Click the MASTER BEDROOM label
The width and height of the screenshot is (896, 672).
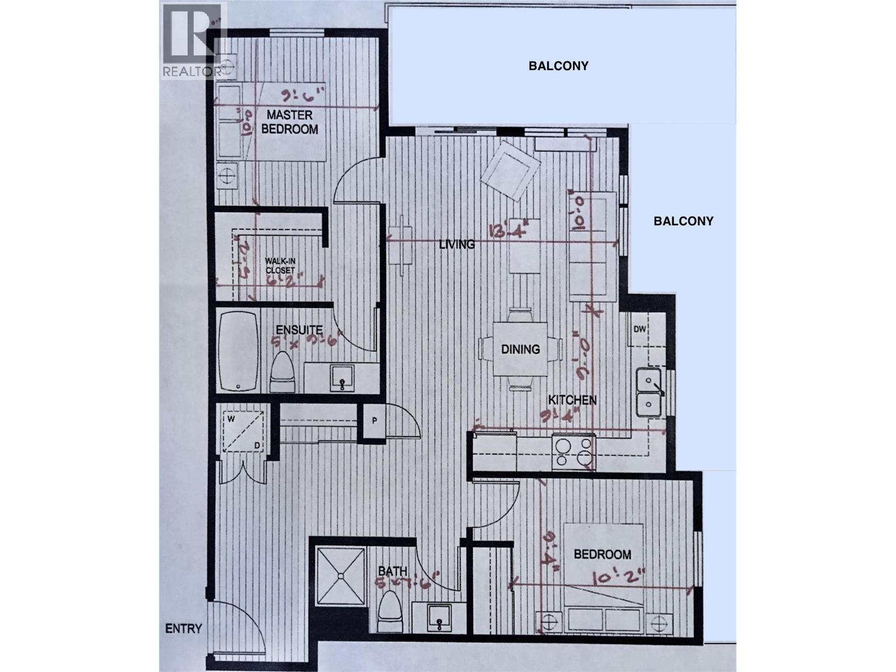(x=289, y=122)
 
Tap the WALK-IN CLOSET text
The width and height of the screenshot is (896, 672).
(x=279, y=265)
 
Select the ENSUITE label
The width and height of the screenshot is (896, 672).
(x=299, y=330)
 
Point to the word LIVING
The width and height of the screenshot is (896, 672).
(x=457, y=244)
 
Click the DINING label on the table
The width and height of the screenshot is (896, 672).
(x=520, y=349)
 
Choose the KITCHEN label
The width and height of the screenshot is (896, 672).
(x=572, y=400)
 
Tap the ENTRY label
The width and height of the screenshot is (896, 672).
(x=183, y=628)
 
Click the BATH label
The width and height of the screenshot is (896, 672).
(x=392, y=571)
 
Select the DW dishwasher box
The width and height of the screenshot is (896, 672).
(x=640, y=329)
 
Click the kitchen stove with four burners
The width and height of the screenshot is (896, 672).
(x=573, y=451)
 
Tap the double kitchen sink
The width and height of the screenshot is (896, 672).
(x=648, y=392)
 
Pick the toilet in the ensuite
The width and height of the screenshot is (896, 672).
(x=282, y=372)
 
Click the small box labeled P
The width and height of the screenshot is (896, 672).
(x=374, y=421)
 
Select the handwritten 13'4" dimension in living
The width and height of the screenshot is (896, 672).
(x=508, y=230)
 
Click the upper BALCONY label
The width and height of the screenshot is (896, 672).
(x=558, y=66)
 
